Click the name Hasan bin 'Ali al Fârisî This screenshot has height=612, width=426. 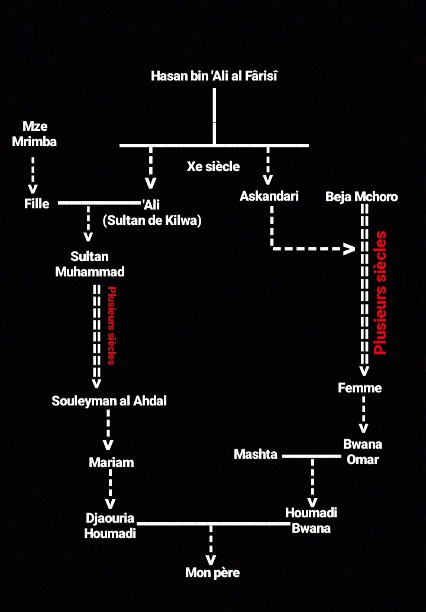tap(214, 76)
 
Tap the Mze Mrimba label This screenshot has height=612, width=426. tap(34, 134)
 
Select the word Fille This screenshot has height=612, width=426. tap(37, 204)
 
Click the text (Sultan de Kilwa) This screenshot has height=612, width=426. tap(152, 221)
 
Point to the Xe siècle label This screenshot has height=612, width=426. tap(213, 166)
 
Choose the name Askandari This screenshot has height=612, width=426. tap(269, 196)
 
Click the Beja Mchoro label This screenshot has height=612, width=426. tap(362, 197)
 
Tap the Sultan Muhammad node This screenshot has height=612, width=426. tap(90, 264)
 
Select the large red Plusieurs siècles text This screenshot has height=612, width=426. tap(380, 292)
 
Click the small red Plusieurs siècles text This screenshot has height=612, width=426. tap(111, 325)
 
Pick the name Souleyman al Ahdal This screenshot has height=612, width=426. tap(109, 401)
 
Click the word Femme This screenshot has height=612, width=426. tap(360, 388)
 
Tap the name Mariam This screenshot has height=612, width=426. tap(111, 462)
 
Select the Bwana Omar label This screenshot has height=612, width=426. tap(363, 452)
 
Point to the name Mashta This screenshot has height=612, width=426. tap(256, 455)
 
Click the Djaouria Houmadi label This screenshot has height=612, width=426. tap(110, 526)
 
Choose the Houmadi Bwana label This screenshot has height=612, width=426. tap(311, 520)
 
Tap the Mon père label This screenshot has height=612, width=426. tap(212, 572)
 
